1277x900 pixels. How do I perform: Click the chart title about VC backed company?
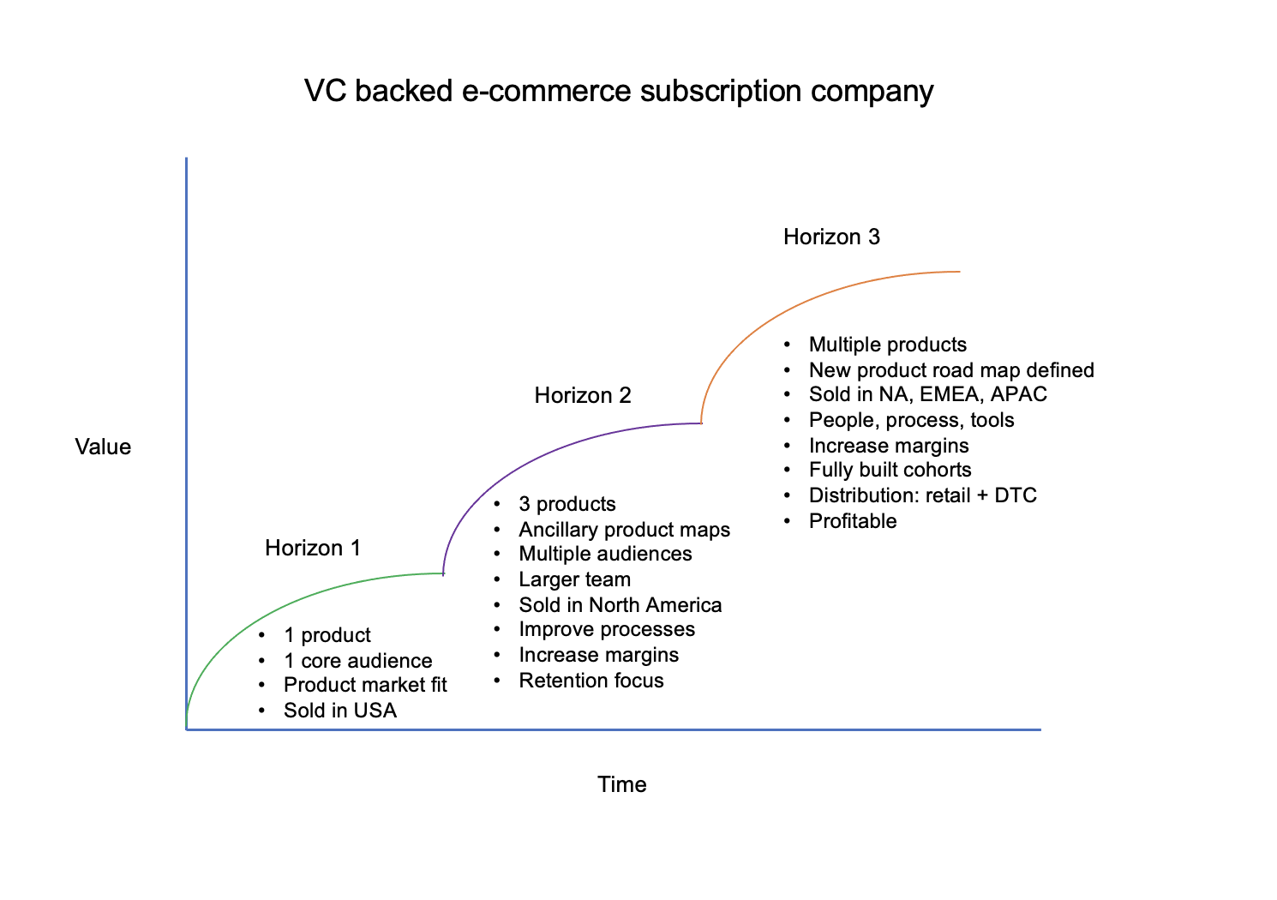(619, 91)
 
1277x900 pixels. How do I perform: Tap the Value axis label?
(103, 447)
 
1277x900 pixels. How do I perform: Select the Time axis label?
(622, 784)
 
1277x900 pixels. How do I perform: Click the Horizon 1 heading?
(313, 548)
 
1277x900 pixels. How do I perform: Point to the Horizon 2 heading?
(583, 395)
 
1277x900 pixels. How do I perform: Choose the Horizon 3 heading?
(831, 237)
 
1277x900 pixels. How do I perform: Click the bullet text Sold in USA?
(340, 711)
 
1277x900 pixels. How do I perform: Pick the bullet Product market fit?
(365, 685)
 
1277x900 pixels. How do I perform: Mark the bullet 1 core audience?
(358, 661)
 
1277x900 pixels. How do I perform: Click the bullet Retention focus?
(591, 681)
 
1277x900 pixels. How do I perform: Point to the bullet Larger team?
(574, 579)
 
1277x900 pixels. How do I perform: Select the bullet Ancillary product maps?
(624, 530)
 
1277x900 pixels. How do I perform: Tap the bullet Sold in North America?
(621, 605)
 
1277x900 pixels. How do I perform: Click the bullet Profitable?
(853, 521)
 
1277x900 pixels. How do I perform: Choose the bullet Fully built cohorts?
(890, 470)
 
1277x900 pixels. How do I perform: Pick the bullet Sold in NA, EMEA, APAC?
(927, 394)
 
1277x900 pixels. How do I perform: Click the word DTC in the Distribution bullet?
(1016, 495)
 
